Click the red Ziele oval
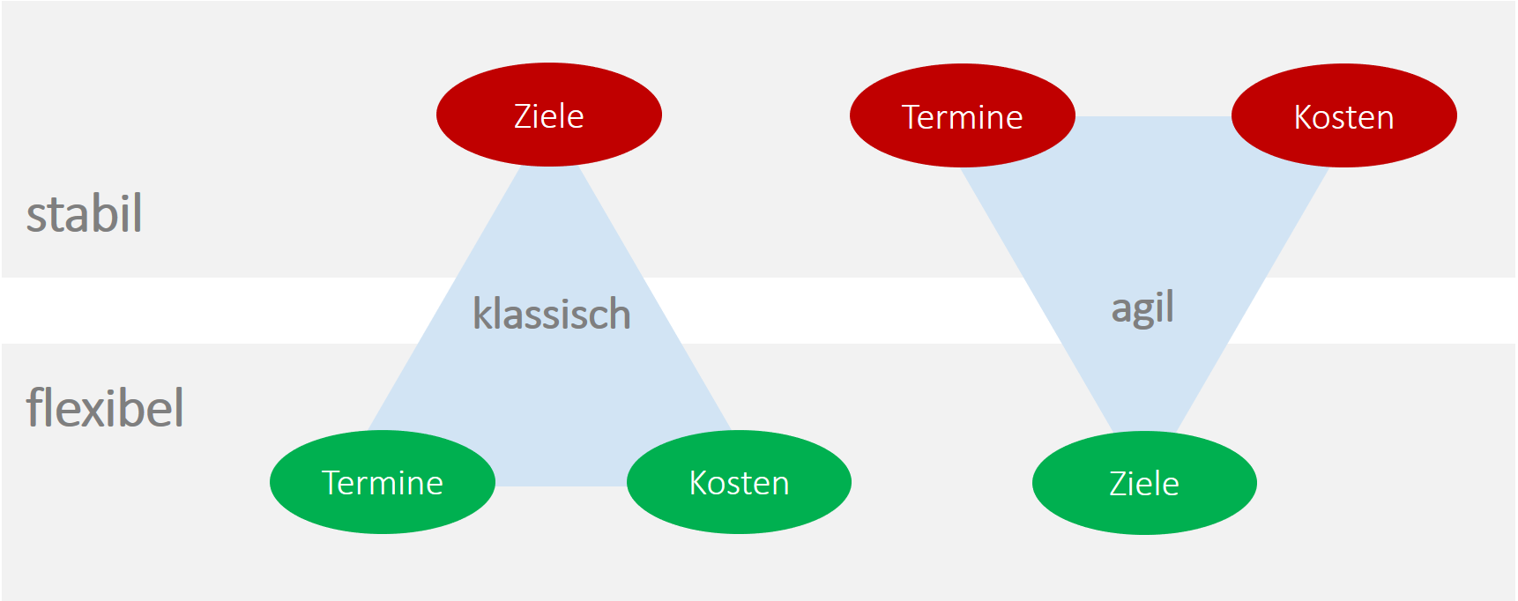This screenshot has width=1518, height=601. [548, 115]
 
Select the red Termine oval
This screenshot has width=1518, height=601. [962, 115]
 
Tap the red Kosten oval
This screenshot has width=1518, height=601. [1343, 115]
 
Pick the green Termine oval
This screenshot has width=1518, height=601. [382, 482]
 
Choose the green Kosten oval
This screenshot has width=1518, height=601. [739, 482]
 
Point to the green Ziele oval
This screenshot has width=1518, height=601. [1143, 483]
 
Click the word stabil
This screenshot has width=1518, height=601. [85, 214]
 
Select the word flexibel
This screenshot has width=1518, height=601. [105, 408]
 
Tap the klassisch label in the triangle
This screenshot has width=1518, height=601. [552, 314]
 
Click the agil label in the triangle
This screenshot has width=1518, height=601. [1142, 308]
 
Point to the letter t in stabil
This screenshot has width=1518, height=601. [51, 216]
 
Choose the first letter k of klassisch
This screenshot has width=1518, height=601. [482, 314]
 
